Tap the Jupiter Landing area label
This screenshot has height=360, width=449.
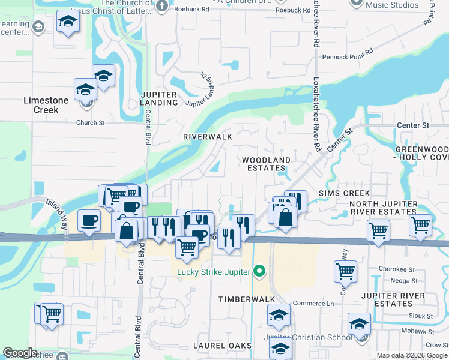[159, 98]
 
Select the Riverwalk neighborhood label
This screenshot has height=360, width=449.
[208, 137]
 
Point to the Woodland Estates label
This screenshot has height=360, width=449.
[266, 164]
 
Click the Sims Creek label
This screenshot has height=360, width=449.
[344, 193]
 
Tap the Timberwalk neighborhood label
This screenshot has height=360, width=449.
[246, 299]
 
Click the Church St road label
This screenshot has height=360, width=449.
[90, 122]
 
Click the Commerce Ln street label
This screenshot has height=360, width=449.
[313, 304]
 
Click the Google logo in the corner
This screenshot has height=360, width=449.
[20, 353]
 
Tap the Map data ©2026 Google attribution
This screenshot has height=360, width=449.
[412, 355]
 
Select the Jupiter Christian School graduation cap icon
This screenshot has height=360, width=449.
[359, 325]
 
